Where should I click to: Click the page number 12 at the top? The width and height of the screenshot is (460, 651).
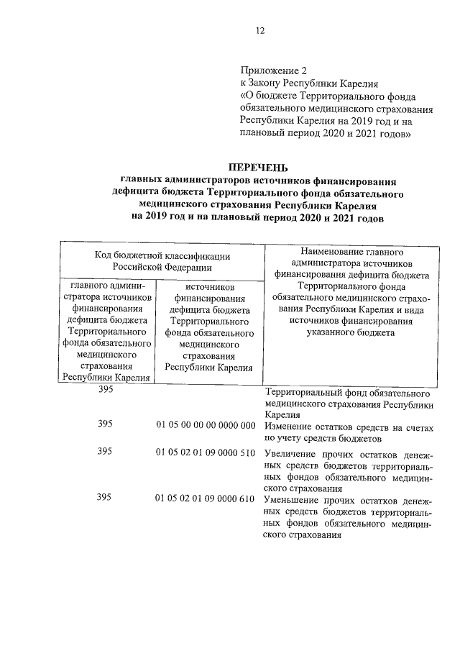pos(261,30)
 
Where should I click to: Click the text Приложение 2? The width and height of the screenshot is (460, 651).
pos(273,70)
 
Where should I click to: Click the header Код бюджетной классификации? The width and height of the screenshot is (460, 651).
pos(162,255)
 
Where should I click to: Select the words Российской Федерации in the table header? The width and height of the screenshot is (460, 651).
pos(162,267)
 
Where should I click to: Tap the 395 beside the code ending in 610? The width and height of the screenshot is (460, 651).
pos(105,499)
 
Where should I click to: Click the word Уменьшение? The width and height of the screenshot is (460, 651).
pos(294,500)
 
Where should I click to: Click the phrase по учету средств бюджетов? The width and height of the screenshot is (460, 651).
pos(322,437)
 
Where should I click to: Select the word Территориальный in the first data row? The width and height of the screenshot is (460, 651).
pos(305,393)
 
